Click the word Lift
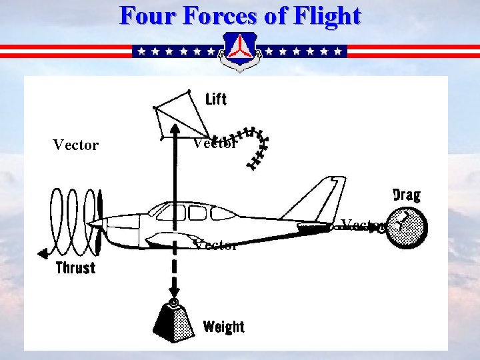tap(216, 99)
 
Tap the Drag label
tap(407, 195)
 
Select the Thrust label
tap(75, 268)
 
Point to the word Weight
tap(224, 327)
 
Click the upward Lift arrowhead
tap(173, 130)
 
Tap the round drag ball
tap(407, 228)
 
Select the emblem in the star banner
tap(240, 51)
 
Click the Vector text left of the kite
tap(75, 145)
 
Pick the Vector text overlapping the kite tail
tap(215, 143)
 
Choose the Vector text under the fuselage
tap(215, 245)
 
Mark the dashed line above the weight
tap(174, 270)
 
